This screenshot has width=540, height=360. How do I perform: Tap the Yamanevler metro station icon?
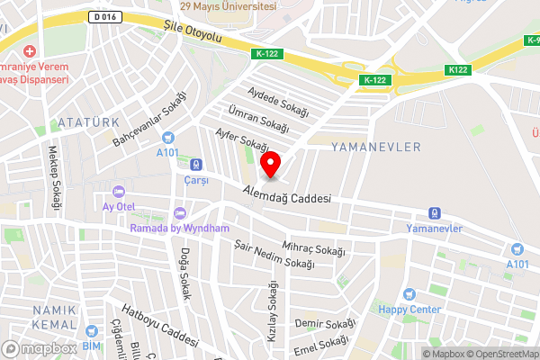pyautogui.click(x=434, y=213)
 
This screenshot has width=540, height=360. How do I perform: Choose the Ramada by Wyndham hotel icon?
pyautogui.click(x=180, y=213)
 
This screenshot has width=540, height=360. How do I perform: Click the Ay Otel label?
pyautogui.click(x=118, y=206)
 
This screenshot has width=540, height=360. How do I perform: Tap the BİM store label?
pyautogui.click(x=92, y=346)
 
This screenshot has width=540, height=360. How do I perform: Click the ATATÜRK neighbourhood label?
pyautogui.click(x=86, y=121)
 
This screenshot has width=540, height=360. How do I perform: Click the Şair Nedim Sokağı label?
pyautogui.click(x=274, y=255)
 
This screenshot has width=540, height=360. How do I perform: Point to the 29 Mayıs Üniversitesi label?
pyautogui.click(x=227, y=5)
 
